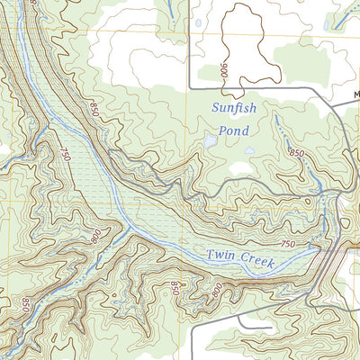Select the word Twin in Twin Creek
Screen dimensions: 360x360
click(x=222, y=255)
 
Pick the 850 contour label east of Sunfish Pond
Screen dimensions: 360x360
click(x=296, y=153)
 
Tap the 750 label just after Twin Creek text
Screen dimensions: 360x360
click(x=288, y=245)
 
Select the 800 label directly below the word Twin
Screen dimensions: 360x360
click(x=215, y=291)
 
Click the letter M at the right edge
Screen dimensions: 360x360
click(x=356, y=93)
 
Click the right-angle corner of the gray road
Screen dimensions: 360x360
click(x=190, y=90)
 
